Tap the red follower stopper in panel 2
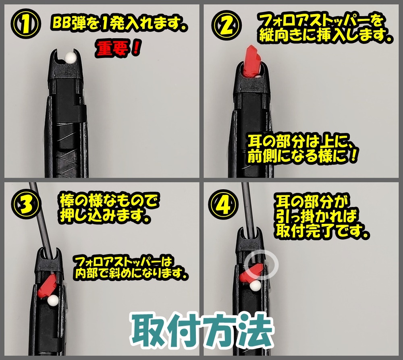point(253,61)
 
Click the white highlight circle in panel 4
point(262,265)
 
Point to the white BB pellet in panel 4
point(255,286)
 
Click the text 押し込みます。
point(107,216)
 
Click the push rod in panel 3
point(41,217)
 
